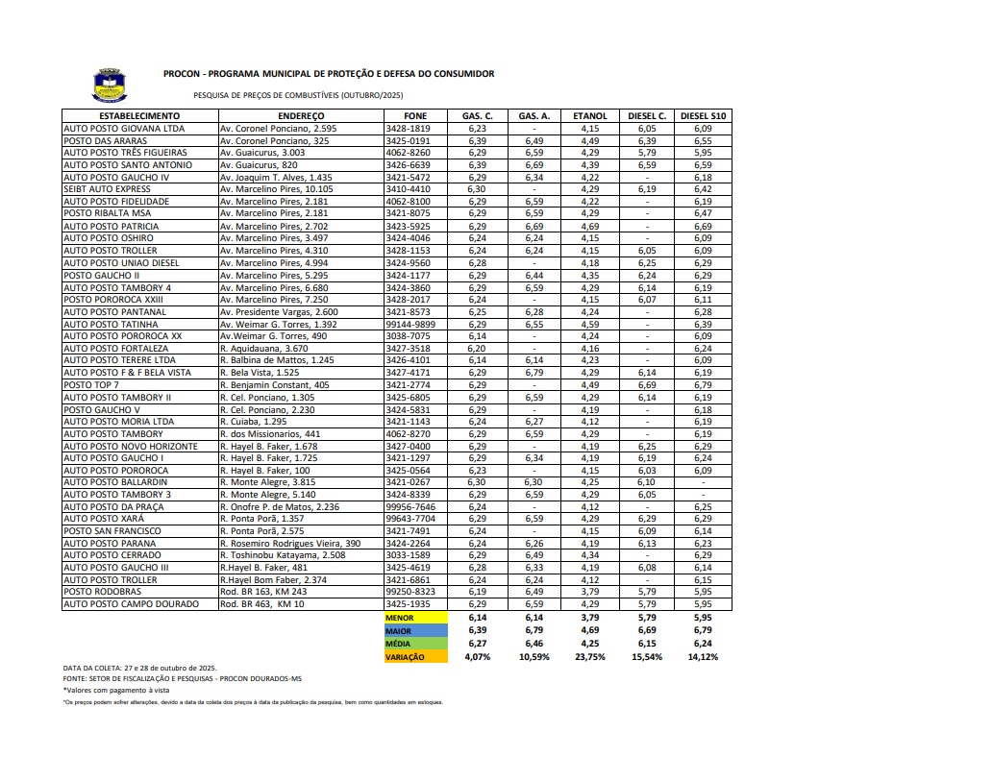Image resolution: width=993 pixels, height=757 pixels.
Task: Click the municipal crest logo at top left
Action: pyautogui.click(x=108, y=85)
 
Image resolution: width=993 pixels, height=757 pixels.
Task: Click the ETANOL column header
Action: pyautogui.click(x=590, y=116)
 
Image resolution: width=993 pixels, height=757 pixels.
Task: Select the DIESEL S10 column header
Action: pyautogui.click(x=704, y=116)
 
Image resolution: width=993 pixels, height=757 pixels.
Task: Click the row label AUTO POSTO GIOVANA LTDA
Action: pyautogui.click(x=124, y=129)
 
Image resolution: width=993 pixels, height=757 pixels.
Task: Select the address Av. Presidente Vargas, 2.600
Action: pyautogui.click(x=279, y=311)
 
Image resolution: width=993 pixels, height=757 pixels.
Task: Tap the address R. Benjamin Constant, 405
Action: pyautogui.click(x=275, y=384)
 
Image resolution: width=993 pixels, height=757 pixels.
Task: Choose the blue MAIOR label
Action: pyautogui.click(x=399, y=632)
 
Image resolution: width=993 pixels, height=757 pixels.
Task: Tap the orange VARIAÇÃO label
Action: pyautogui.click(x=405, y=657)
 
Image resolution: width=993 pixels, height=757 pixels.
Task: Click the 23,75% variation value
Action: pyautogui.click(x=590, y=657)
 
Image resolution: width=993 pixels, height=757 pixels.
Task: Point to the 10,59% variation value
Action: pyautogui.click(x=534, y=657)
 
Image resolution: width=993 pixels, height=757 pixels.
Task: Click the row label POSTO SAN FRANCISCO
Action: pyautogui.click(x=112, y=530)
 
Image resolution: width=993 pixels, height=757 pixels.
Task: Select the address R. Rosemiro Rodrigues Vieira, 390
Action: pyautogui.click(x=290, y=543)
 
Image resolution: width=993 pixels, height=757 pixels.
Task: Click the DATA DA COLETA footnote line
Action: pyautogui.click(x=140, y=667)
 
